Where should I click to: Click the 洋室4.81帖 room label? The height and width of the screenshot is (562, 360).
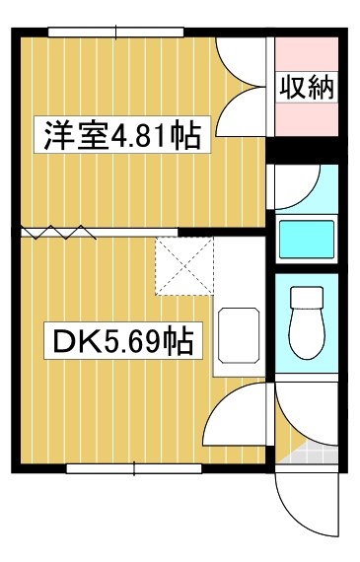(x=120, y=135)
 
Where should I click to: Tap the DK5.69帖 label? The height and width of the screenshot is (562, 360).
(x=120, y=342)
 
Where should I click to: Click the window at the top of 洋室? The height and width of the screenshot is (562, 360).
(x=116, y=34)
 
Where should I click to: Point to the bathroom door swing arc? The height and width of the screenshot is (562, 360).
(x=299, y=183)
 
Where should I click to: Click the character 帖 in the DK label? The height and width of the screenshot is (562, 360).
(x=178, y=342)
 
